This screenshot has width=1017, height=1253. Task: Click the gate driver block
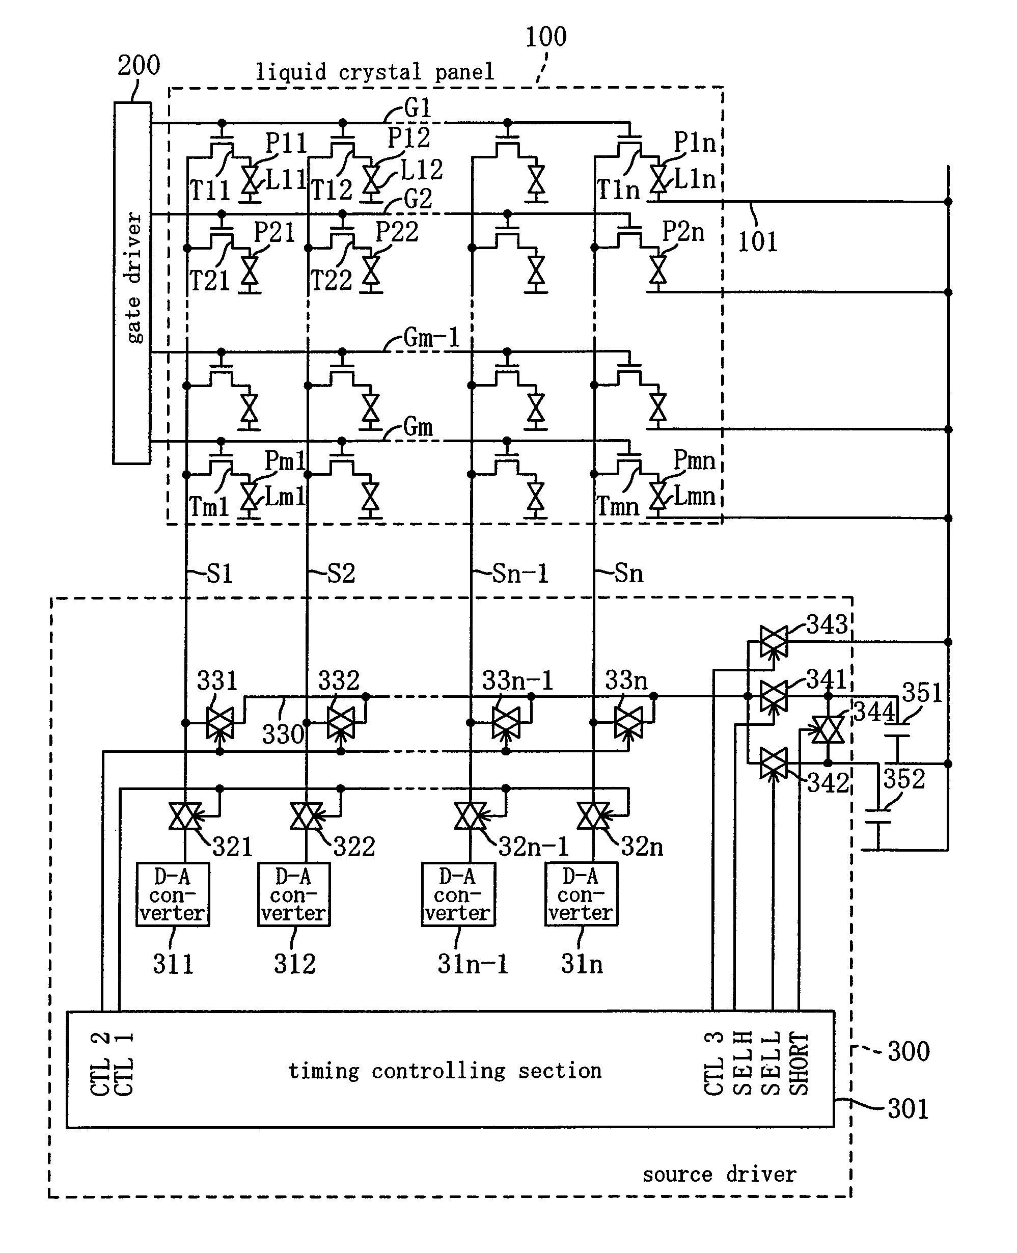click(132, 282)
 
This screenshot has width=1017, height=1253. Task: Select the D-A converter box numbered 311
click(172, 894)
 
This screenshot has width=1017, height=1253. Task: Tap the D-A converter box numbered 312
click(293, 894)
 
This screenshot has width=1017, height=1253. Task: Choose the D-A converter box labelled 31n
click(581, 894)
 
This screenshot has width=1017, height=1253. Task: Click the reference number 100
click(545, 37)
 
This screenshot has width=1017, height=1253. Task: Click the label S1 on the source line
click(219, 574)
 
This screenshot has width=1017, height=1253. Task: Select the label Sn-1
click(519, 574)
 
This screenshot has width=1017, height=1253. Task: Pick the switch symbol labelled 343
click(773, 641)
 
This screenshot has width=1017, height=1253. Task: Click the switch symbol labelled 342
click(773, 764)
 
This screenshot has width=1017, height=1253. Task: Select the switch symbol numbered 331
click(219, 723)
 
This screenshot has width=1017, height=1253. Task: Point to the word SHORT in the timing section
click(799, 1063)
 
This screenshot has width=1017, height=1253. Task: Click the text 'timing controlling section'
click(445, 1071)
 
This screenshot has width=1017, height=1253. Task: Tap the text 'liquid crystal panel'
click(375, 72)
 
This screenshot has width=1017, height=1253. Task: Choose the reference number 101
click(757, 241)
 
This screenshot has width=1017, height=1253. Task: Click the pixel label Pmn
click(694, 460)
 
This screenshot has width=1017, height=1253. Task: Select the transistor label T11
click(209, 190)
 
